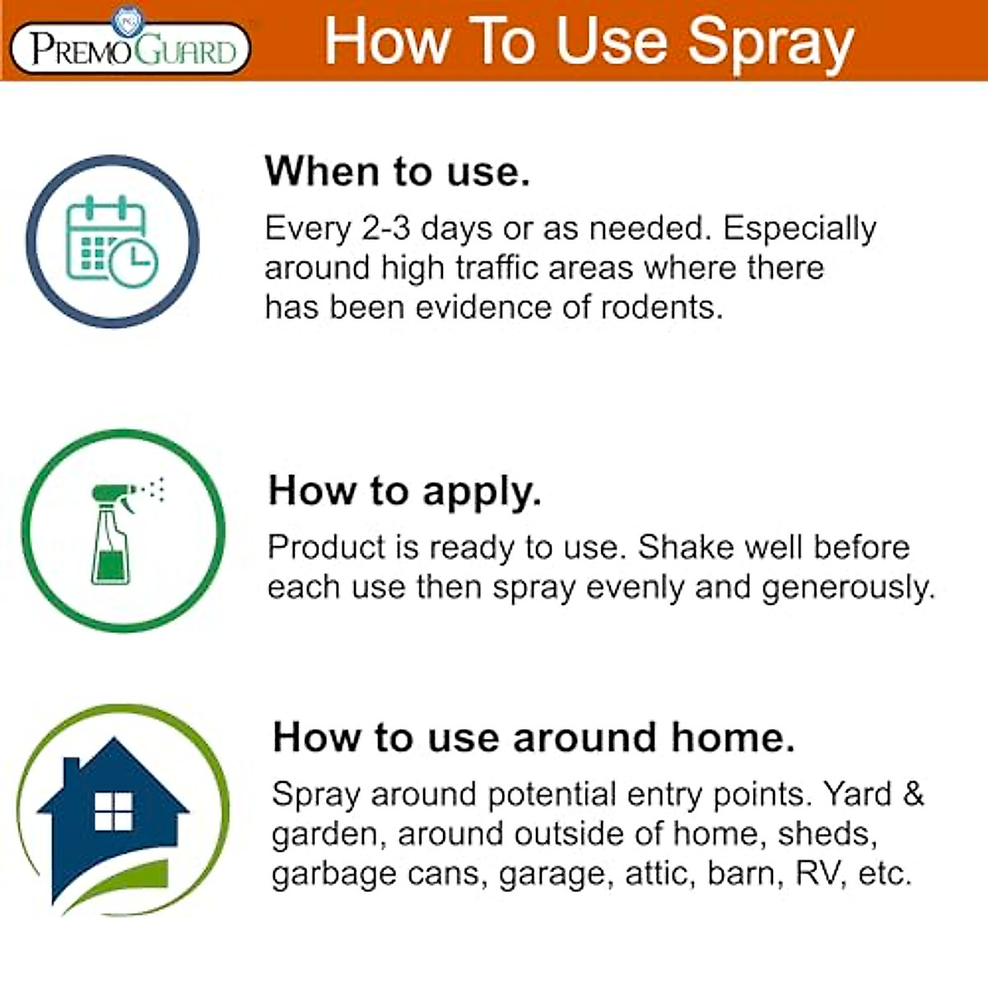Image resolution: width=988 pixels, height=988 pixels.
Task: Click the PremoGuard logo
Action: click(x=129, y=46)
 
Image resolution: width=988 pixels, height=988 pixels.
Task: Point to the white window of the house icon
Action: click(x=114, y=812)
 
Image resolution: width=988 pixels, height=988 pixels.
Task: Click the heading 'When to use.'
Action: click(x=397, y=171)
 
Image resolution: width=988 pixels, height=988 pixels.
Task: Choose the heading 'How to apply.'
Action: click(x=404, y=491)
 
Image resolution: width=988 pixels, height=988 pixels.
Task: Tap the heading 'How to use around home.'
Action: click(x=534, y=737)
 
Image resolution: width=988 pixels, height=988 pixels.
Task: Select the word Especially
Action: click(x=799, y=230)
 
